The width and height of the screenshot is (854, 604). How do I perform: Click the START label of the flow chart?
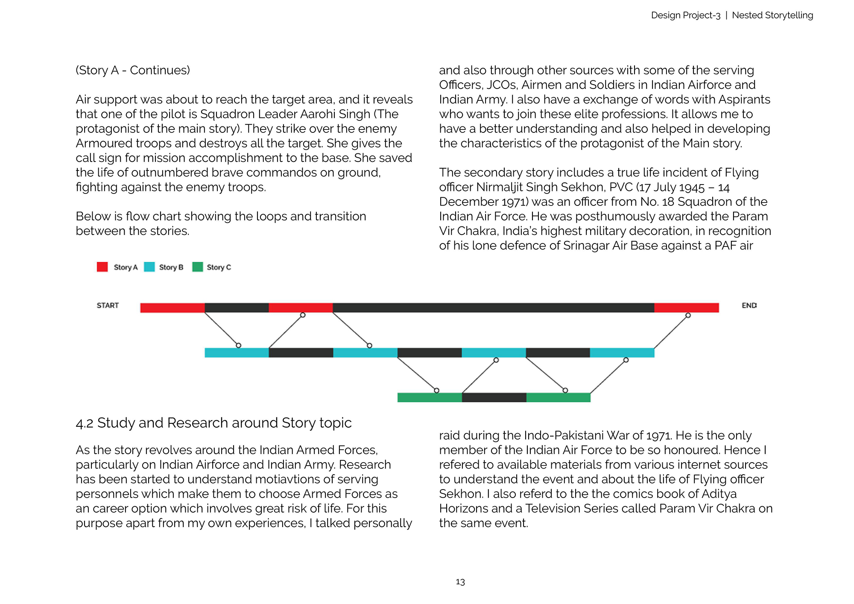[x=108, y=305]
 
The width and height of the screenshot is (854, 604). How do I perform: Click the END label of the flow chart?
[x=749, y=305]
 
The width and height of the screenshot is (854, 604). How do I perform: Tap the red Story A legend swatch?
[x=102, y=267]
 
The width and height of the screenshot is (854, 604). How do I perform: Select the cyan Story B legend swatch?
[x=149, y=267]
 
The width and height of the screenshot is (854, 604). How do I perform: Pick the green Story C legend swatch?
[x=197, y=267]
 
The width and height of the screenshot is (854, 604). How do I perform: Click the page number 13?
[x=460, y=582]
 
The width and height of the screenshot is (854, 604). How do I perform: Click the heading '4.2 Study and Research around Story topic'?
[x=213, y=423]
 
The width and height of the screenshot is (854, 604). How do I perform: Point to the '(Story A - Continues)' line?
[x=133, y=70]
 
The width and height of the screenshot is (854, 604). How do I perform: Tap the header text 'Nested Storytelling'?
[x=772, y=15]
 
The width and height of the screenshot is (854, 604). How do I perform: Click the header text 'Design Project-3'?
[x=685, y=15]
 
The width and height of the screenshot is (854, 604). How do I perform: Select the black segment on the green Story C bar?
[x=494, y=398]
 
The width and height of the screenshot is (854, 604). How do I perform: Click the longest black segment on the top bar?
[x=493, y=308]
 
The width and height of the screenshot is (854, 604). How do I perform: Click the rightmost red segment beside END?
[x=687, y=308]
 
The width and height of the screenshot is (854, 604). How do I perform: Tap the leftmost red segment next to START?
[x=173, y=308]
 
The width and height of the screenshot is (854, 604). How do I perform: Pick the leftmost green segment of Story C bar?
[x=430, y=398]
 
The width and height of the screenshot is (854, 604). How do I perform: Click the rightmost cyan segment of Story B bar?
[x=622, y=353]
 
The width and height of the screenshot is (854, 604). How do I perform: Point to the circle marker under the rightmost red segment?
[x=688, y=316]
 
